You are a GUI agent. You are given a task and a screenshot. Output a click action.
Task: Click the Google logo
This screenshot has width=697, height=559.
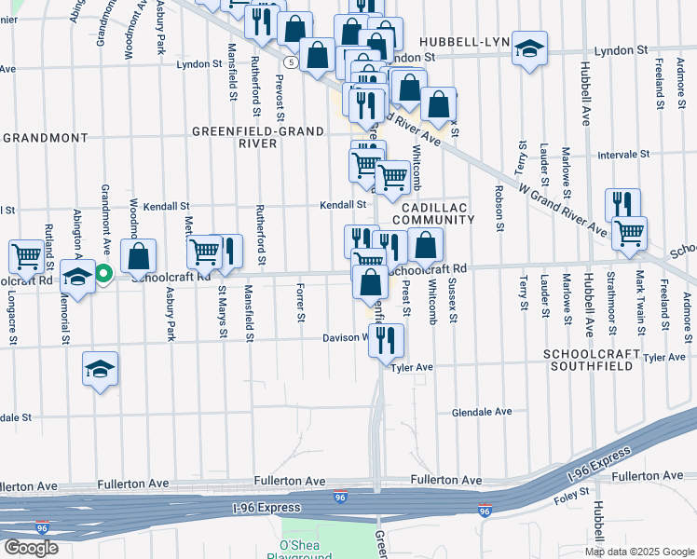pyautogui.click(x=31, y=547)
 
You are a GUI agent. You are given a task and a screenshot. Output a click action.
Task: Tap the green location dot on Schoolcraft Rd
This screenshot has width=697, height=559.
pyautogui.click(x=104, y=274)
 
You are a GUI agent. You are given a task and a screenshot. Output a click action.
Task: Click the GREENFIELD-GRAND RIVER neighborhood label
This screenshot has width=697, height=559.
pyautogui.click(x=235, y=137)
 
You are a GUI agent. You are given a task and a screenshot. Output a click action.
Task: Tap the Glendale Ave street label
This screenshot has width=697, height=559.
pyautogui.click(x=482, y=411)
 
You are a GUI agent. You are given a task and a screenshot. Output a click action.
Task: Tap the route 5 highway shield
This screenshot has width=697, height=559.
pyautogui.click(x=292, y=62)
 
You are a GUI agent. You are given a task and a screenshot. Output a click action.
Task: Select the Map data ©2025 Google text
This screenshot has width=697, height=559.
pyautogui.click(x=639, y=551)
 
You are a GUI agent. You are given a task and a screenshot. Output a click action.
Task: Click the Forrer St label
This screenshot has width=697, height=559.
pyautogui.click(x=301, y=304)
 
